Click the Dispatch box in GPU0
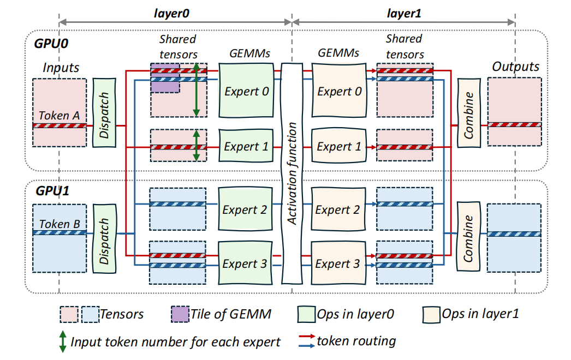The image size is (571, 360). tap(104, 113)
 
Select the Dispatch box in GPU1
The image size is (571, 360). tap(104, 238)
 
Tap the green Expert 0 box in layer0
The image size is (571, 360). tap(246, 91)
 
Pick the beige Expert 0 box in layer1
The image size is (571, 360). tap(339, 91)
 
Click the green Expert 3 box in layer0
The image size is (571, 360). tap(245, 263)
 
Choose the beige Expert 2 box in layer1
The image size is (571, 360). tap(338, 209)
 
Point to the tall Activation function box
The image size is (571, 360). tap(292, 173)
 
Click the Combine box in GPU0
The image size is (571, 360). tap(469, 113)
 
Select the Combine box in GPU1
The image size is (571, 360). tap(468, 237)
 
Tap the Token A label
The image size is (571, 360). tap(59, 116)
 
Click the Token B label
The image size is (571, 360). tap(60, 224)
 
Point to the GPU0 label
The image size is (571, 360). tap(51, 44)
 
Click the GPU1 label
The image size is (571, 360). tap(52, 191)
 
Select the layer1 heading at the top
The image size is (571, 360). tap(404, 14)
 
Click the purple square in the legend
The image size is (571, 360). tap(180, 314)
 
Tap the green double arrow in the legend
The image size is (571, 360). tap(63, 341)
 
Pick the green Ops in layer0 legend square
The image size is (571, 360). tap(306, 314)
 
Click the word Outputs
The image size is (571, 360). tap(516, 67)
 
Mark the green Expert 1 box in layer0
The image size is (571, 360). tap(246, 146)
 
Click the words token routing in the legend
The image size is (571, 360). tap(356, 341)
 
